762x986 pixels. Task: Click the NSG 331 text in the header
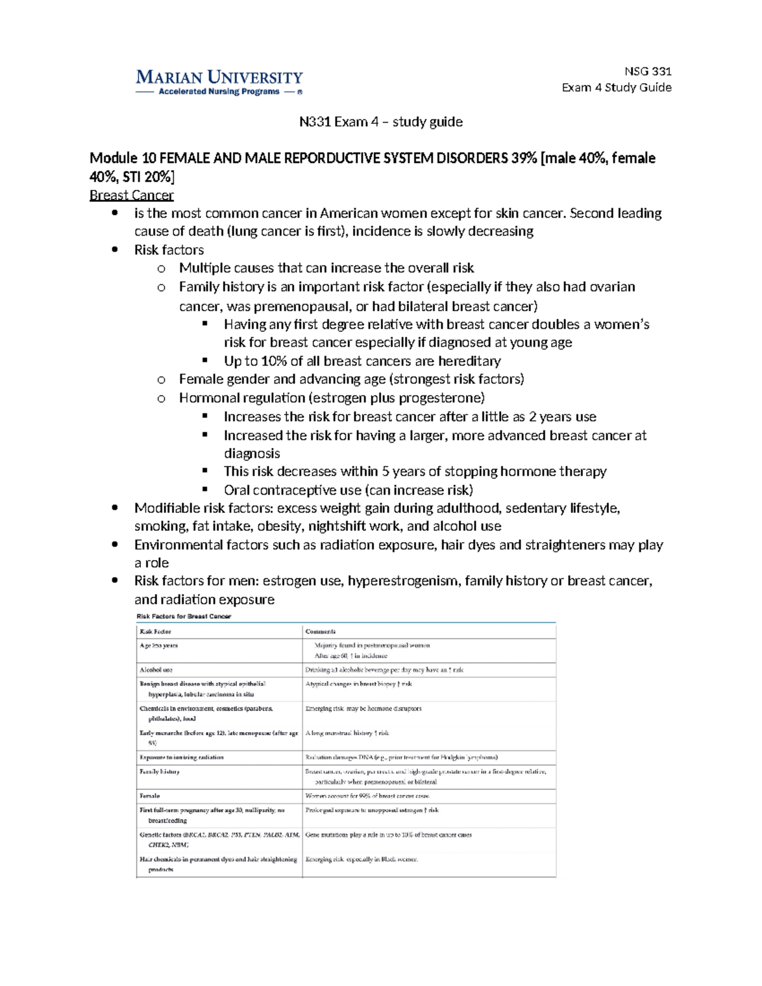648,71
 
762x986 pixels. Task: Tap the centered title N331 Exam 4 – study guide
380,121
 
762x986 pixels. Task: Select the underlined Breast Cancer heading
131,195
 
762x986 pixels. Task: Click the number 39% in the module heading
523,157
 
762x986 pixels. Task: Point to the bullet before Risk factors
114,250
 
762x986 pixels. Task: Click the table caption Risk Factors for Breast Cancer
184,616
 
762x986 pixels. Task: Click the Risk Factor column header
155,631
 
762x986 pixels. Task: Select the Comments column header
320,631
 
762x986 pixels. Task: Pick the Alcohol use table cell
156,669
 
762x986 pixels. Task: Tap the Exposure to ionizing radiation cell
182,757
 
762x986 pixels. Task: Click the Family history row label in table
159,771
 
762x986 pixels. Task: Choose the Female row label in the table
150,795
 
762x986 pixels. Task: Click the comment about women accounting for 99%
367,795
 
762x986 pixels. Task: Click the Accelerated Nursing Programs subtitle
218,91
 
